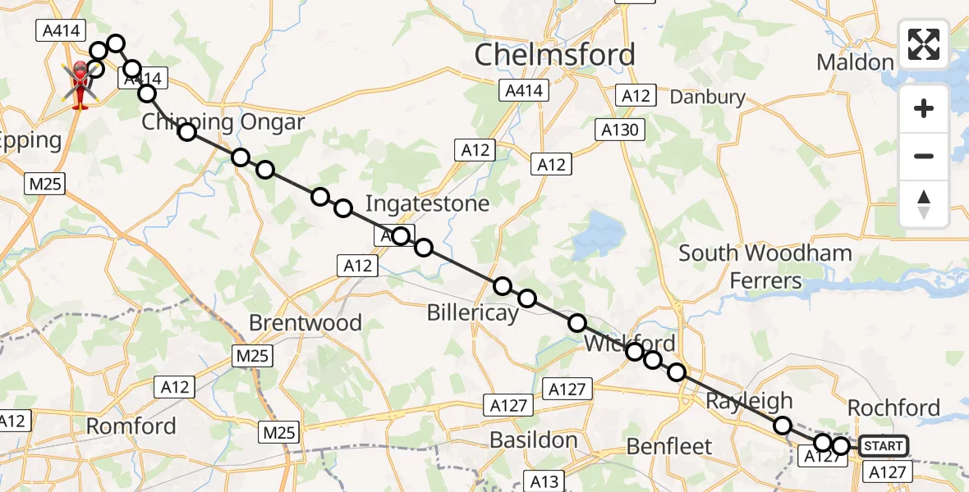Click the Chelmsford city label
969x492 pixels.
[x=555, y=55]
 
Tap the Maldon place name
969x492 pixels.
[x=855, y=62]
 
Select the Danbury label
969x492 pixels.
[x=707, y=97]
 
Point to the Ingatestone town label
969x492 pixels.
[x=427, y=203]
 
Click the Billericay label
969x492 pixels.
[x=472, y=313]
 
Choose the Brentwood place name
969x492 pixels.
[x=305, y=322]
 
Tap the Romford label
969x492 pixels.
[x=131, y=426]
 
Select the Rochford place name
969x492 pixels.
[x=893, y=408]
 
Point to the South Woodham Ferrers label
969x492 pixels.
[x=765, y=266]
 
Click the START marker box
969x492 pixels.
[x=884, y=446]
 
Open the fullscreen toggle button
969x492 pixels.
[x=924, y=44]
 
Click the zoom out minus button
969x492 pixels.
[x=924, y=156]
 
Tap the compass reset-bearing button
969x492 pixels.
[x=924, y=203]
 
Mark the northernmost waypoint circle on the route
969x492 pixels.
[x=115, y=43]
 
